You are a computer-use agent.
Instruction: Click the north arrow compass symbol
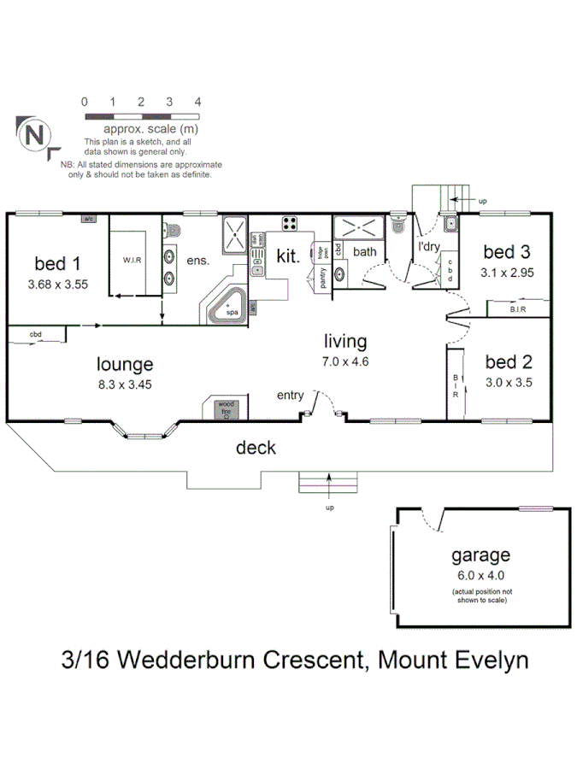[x=33, y=136]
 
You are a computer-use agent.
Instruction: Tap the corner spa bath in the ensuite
[x=229, y=308]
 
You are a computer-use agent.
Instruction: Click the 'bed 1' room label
[x=58, y=261]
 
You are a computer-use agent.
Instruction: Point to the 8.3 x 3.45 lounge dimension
[x=125, y=384]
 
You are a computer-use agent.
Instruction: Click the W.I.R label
[x=131, y=260]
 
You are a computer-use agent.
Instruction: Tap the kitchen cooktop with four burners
[x=290, y=225]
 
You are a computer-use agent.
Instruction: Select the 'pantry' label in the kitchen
[x=322, y=279]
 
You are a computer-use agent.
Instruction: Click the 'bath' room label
[x=365, y=252]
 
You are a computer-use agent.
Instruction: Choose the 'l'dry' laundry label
[x=428, y=249]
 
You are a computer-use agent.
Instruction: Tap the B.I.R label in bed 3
[x=517, y=308]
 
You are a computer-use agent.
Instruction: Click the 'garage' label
[x=481, y=555]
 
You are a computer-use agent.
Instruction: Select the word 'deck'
[x=256, y=447]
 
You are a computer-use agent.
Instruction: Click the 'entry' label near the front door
[x=290, y=395]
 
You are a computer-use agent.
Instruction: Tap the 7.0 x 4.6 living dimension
[x=344, y=361]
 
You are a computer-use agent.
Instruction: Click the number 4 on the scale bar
[x=197, y=102]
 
